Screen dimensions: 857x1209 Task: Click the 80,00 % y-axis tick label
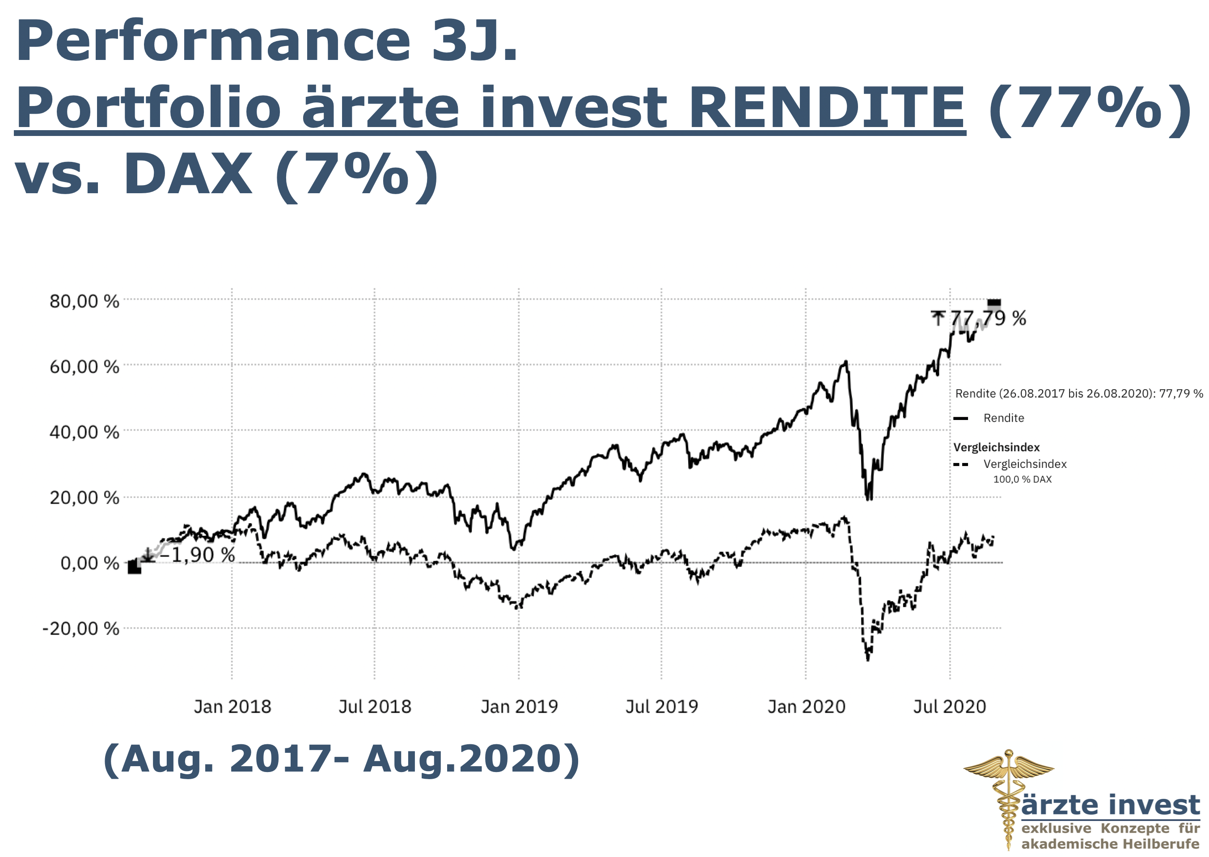(85, 301)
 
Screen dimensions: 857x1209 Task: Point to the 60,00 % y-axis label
(85, 367)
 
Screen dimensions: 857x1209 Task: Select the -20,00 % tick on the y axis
(81, 628)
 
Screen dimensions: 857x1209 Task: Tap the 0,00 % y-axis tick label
(90, 563)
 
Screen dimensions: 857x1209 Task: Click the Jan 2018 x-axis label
(232, 706)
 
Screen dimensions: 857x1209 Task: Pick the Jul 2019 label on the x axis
(661, 706)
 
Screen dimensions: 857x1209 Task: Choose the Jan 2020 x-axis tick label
(806, 706)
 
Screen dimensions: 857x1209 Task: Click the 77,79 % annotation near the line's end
(987, 318)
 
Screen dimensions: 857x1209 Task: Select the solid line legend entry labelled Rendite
(1003, 418)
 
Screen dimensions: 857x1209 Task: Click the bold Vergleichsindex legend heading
(997, 447)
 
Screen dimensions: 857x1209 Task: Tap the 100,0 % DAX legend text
(1022, 479)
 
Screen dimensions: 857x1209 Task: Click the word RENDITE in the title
(827, 108)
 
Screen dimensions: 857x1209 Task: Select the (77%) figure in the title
(1089, 108)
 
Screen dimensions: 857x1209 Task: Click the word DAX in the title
(188, 174)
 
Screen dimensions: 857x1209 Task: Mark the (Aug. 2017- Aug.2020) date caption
(341, 759)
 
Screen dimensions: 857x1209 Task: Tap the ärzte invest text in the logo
(1110, 805)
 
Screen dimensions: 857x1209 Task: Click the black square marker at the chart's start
(135, 567)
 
